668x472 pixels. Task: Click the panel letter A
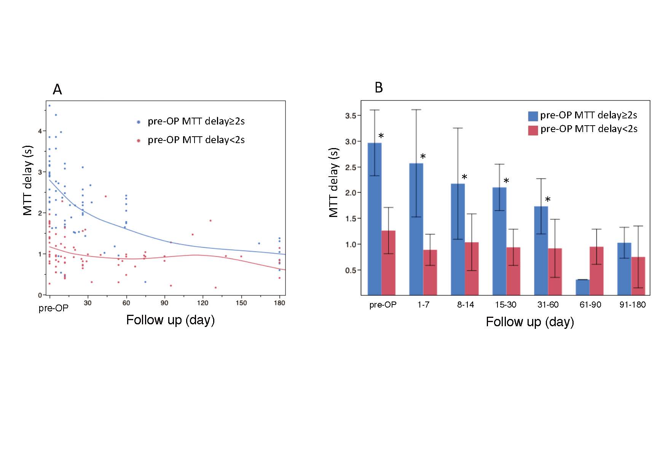tap(57, 90)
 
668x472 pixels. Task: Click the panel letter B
tap(378, 88)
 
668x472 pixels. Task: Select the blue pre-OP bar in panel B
tap(375, 219)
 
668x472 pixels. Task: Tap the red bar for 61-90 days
tap(596, 271)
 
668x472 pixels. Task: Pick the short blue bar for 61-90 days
tap(582, 287)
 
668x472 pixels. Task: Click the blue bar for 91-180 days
tap(624, 269)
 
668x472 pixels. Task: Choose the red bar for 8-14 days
tap(472, 268)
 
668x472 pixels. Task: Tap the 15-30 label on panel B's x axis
tap(505, 305)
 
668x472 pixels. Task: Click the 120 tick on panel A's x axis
tap(202, 303)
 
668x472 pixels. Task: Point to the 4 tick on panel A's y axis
tap(40, 131)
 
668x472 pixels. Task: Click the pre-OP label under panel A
tap(53, 308)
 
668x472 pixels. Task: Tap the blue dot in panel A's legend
tap(139, 122)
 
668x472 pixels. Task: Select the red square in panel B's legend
tap(533, 130)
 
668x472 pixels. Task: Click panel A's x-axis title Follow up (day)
tap(170, 320)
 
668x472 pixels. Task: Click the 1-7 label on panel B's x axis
tap(423, 305)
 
